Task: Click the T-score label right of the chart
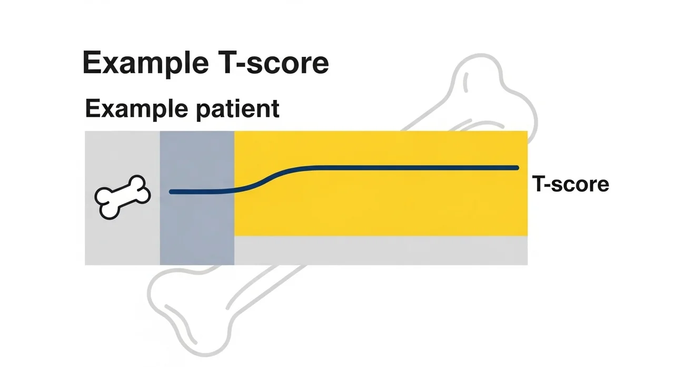tap(570, 184)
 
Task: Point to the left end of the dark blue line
tap(172, 192)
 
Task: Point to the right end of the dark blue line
tap(517, 168)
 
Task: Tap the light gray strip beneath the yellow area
tap(379, 250)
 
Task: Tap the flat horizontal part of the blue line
tap(411, 168)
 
